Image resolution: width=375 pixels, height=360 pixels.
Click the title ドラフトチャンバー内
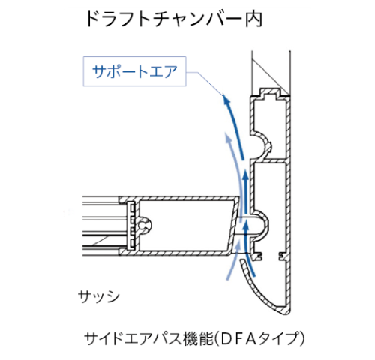(x=174, y=19)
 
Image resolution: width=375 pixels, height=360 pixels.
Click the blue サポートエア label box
(x=134, y=71)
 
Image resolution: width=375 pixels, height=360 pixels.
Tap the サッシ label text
(x=99, y=297)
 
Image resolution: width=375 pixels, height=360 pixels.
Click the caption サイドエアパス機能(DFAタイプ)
(x=194, y=338)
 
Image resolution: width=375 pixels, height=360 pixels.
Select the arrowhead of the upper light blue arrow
(x=228, y=137)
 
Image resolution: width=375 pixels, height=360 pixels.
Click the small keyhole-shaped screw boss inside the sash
(x=145, y=226)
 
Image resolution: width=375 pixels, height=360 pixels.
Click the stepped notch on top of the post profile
(x=269, y=93)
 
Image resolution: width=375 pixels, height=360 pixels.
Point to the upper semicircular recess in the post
(x=263, y=142)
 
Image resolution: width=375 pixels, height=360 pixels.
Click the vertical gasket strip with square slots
(x=130, y=225)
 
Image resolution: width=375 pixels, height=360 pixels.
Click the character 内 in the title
(x=254, y=19)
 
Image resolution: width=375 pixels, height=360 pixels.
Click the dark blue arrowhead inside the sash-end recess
(x=246, y=227)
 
